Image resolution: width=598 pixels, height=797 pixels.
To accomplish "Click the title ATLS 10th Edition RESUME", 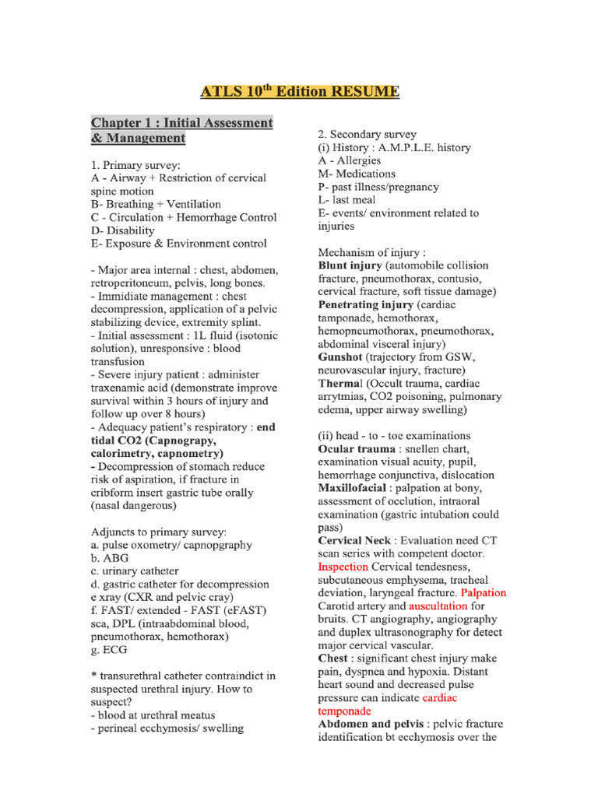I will coord(300,93).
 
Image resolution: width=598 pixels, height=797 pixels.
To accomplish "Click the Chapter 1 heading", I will coord(181,131).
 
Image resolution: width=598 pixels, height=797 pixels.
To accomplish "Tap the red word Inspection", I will coord(343,567).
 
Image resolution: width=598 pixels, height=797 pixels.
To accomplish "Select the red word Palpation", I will coord(484,592).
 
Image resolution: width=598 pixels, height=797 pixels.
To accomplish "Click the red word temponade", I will coord(345,711).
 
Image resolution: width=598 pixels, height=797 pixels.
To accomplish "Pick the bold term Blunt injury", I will coord(350,265).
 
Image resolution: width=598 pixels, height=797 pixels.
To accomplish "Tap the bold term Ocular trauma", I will coord(357,449).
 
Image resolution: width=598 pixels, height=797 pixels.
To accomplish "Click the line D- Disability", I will coord(123,230).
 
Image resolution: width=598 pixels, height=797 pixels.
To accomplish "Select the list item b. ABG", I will coord(111,558).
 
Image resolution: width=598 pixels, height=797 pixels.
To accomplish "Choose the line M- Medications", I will coord(357,174).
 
